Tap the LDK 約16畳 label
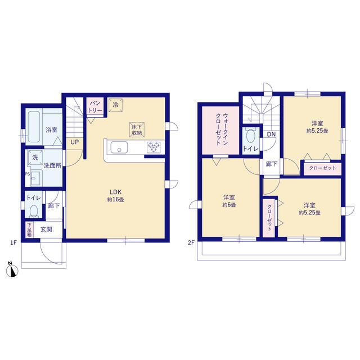pyautogui.click(x=115, y=196)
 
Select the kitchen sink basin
pyautogui.click(x=119, y=147)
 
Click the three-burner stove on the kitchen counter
pyautogui.click(x=154, y=147)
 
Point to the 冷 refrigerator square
pyautogui.click(x=115, y=105)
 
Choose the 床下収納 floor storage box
pyautogui.click(x=137, y=129)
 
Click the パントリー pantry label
pyautogui.click(x=95, y=107)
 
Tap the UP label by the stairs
pyautogui.click(x=74, y=142)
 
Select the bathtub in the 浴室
pyautogui.click(x=34, y=127)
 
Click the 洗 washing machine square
pyautogui.click(x=35, y=157)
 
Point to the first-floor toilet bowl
pyautogui.click(x=34, y=210)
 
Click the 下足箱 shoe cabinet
pyautogui.click(x=29, y=229)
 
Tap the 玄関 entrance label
pyautogui.click(x=46, y=229)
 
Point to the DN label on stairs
pyautogui.click(x=271, y=134)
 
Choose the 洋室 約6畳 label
pyautogui.click(x=229, y=201)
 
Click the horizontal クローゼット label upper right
pyautogui.click(x=322, y=168)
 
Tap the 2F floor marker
pyautogui.click(x=191, y=242)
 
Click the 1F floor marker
pyautogui.click(x=13, y=242)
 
